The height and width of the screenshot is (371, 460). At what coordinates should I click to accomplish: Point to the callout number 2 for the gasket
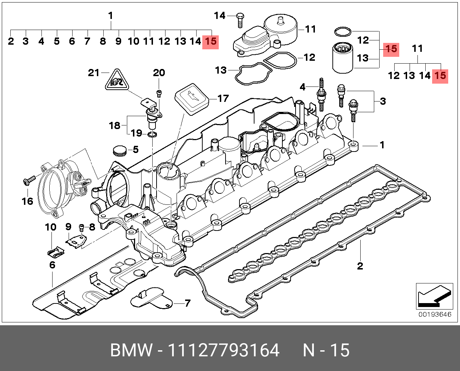pos(360,266)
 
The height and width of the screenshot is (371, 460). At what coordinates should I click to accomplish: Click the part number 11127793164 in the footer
pos(223,350)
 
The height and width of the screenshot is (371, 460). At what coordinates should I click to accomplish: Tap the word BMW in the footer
pos(131,350)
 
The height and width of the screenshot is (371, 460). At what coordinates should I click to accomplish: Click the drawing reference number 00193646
pos(435,315)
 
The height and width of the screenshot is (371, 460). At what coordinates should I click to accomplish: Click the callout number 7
pos(187,303)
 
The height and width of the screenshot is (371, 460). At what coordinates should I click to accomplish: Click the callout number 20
pos(159,73)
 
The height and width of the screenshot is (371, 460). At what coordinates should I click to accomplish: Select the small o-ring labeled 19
pos(152,134)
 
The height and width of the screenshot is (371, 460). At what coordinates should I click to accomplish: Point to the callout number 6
pos(52,265)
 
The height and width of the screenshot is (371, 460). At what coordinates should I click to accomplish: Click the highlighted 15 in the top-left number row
pos(210,41)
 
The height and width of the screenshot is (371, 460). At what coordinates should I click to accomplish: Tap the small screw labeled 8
pos(81,227)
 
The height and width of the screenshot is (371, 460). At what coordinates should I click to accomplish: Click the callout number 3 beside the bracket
pos(383,101)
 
